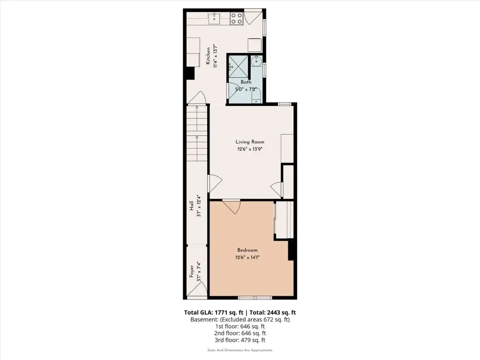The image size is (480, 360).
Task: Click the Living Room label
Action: click(250, 142)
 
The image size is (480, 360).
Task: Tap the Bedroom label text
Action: click(247, 250)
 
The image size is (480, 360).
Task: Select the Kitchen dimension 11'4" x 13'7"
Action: click(216, 56)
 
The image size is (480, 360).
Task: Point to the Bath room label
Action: click(246, 82)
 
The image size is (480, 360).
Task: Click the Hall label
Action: click(191, 206)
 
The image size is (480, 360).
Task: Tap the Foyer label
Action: click(192, 271)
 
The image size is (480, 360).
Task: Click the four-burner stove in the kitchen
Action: click(237, 18)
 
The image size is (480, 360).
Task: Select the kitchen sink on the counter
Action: click(214, 18)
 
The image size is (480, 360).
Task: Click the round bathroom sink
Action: click(255, 61)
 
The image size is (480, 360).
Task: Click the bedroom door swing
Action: click(232, 207)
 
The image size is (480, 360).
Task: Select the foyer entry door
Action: click(197, 290)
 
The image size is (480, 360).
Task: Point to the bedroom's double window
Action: click(255, 298)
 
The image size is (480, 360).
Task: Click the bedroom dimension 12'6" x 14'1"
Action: click(247, 257)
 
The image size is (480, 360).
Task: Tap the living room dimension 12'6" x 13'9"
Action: click(250, 150)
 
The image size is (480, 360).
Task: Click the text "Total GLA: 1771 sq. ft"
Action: click(214, 313)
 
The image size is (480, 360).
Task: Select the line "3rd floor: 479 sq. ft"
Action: click(240, 340)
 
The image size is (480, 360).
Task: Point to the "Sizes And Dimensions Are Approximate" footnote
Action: click(240, 350)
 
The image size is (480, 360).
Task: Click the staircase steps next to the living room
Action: click(197, 134)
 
